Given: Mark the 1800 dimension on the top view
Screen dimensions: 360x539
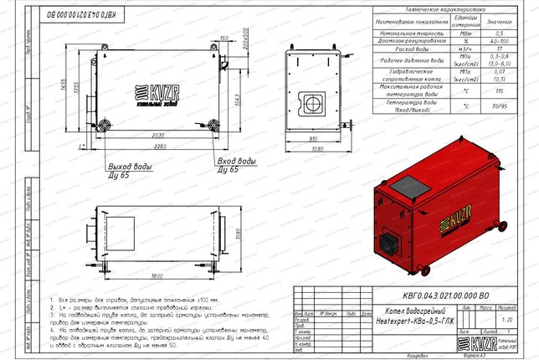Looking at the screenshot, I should click(x=157, y=275).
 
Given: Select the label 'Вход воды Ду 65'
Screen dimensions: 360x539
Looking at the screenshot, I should click(x=236, y=164).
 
